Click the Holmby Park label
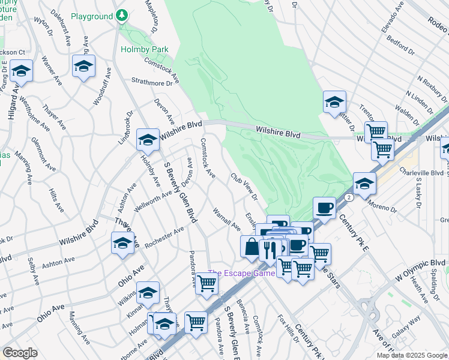(x=144, y=49)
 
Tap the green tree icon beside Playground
(x=122, y=14)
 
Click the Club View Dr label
(x=244, y=187)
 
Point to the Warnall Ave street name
(x=226, y=220)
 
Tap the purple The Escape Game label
(x=241, y=273)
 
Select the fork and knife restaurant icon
(x=270, y=249)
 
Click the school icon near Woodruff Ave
(x=83, y=66)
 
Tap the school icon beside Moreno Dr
(x=364, y=184)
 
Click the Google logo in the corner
(x=19, y=353)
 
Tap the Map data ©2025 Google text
(x=411, y=355)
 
